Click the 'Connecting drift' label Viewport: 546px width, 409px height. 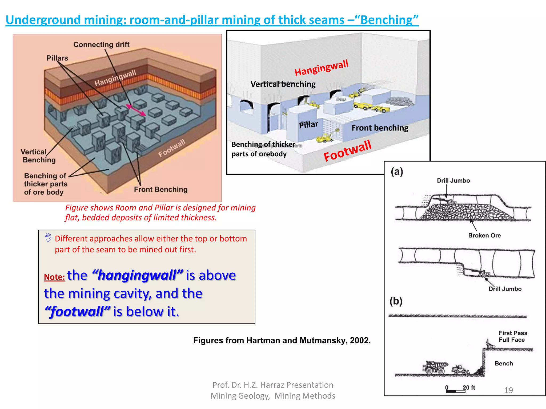point(101,44)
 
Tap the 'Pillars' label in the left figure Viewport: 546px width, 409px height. point(57,58)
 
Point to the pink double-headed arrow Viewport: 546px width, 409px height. point(136,110)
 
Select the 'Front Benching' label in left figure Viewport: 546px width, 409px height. point(160,189)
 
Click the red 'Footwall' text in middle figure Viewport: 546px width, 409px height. point(347,151)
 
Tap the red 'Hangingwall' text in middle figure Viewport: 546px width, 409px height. point(321,68)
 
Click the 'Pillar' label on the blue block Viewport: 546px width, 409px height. point(308,125)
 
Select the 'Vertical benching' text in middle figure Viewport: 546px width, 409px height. point(283,84)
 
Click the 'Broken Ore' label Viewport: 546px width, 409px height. point(484,235)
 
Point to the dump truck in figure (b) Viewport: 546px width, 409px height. point(435,367)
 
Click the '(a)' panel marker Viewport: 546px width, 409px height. point(397,171)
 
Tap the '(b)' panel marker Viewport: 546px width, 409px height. point(396,301)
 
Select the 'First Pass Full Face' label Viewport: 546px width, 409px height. point(513,336)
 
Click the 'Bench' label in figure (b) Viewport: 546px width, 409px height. point(504,363)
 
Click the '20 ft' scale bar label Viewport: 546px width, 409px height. point(469,387)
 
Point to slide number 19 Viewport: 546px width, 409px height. point(508,390)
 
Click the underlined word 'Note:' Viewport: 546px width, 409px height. point(54,277)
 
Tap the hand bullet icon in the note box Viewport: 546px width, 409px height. point(48,237)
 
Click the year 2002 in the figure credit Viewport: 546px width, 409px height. point(360,340)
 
